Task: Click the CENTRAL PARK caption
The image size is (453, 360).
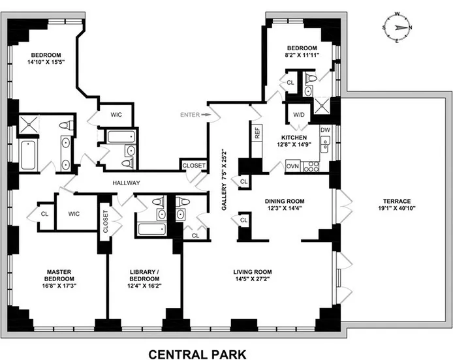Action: coord(198,354)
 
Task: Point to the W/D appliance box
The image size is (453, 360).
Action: coord(299,115)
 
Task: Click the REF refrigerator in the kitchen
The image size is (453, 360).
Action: coord(257,136)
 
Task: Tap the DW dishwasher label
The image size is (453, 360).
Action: coord(324,130)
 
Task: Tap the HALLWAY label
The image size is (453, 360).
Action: coord(127,183)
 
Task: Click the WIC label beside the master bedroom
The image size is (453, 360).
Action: coord(73,214)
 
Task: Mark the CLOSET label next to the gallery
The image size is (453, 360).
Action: coord(193,166)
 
